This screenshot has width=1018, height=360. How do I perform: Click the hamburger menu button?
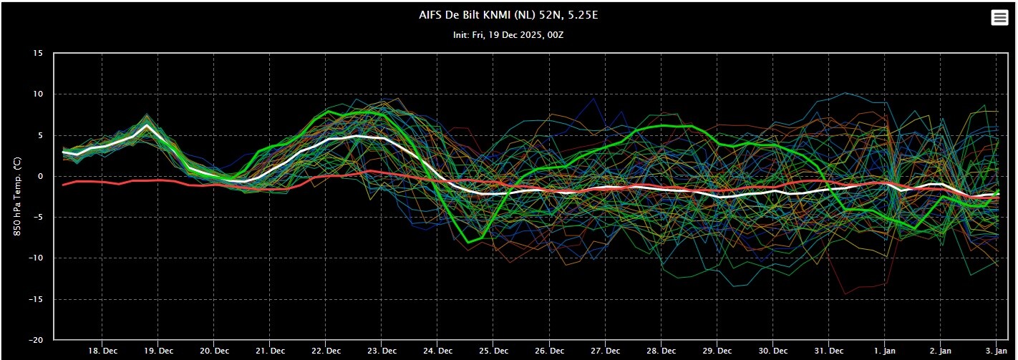pyautogui.click(x=999, y=18)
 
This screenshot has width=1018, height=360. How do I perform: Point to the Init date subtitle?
pyautogui.click(x=508, y=34)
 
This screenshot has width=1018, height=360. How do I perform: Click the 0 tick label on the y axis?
pyautogui.click(x=41, y=176)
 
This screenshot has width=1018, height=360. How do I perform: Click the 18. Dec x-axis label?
pyautogui.click(x=102, y=351)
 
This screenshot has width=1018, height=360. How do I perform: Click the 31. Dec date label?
pyautogui.click(x=828, y=351)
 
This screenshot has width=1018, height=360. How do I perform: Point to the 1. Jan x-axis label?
pyautogui.click(x=885, y=351)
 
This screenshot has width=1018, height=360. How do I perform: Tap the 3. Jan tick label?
pyautogui.click(x=997, y=351)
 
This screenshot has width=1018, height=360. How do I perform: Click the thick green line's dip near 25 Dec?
pyautogui.click(x=468, y=242)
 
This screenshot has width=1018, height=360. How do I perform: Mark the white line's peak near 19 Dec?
pyautogui.click(x=147, y=126)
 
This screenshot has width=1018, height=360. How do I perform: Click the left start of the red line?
pyautogui.click(x=63, y=185)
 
